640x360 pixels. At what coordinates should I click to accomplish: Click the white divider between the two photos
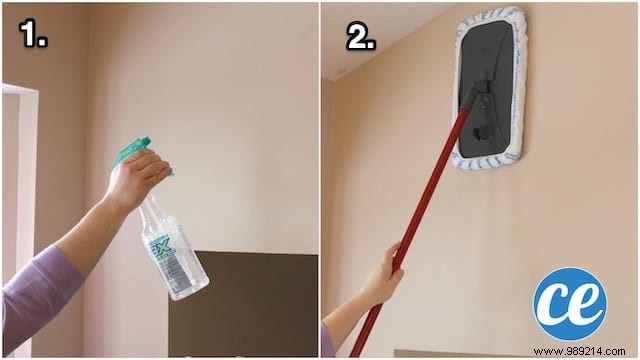click(x=319, y=180)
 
